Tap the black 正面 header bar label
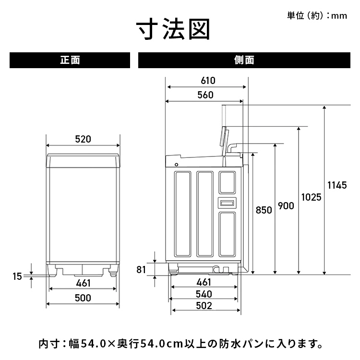tap(70, 60)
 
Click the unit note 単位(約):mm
tap(316, 16)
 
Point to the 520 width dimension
tap(83, 140)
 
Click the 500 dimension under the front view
tap(83, 298)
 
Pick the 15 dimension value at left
tap(17, 276)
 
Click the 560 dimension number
tap(205, 95)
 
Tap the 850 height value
tap(264, 210)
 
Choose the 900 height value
tap(286, 206)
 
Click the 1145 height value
tap(336, 185)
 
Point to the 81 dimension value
tap(141, 269)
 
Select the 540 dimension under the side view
tap(204, 294)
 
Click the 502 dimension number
tap(204, 306)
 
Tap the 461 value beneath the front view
tap(83, 284)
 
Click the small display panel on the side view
tap(228, 203)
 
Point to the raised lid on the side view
tap(224, 139)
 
